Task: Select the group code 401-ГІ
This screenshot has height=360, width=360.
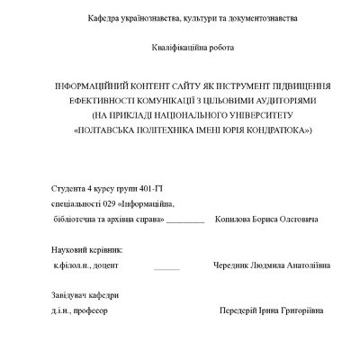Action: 146,188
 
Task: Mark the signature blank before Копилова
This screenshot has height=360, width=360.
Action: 185,220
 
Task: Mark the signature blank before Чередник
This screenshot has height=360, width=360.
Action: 166,267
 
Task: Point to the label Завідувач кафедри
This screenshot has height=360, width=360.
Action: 84,296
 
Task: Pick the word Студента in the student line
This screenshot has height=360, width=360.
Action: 68,188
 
